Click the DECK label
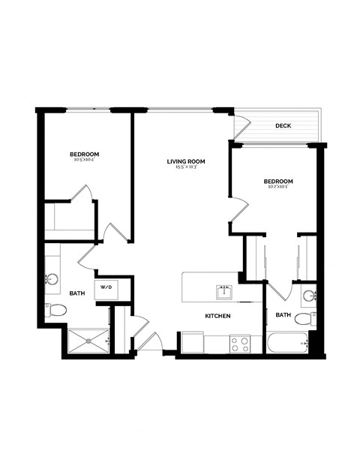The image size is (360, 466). coord(283,126)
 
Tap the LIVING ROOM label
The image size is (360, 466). coord(186,161)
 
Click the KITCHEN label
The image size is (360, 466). coord(217,316)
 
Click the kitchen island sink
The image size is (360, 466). coord(223,291)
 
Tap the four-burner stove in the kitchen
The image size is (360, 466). coord(240,343)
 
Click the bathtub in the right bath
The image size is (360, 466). coord(287,343)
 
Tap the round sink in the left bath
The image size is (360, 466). coord(52,280)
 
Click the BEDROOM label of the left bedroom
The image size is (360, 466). coord(85,154)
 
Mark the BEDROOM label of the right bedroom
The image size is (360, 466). coord(277,182)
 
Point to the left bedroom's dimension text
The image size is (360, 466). coord(85,160)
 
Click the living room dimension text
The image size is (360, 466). coord(186,168)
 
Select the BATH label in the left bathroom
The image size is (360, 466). coord(77,293)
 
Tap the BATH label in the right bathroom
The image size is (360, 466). coord(283,314)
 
